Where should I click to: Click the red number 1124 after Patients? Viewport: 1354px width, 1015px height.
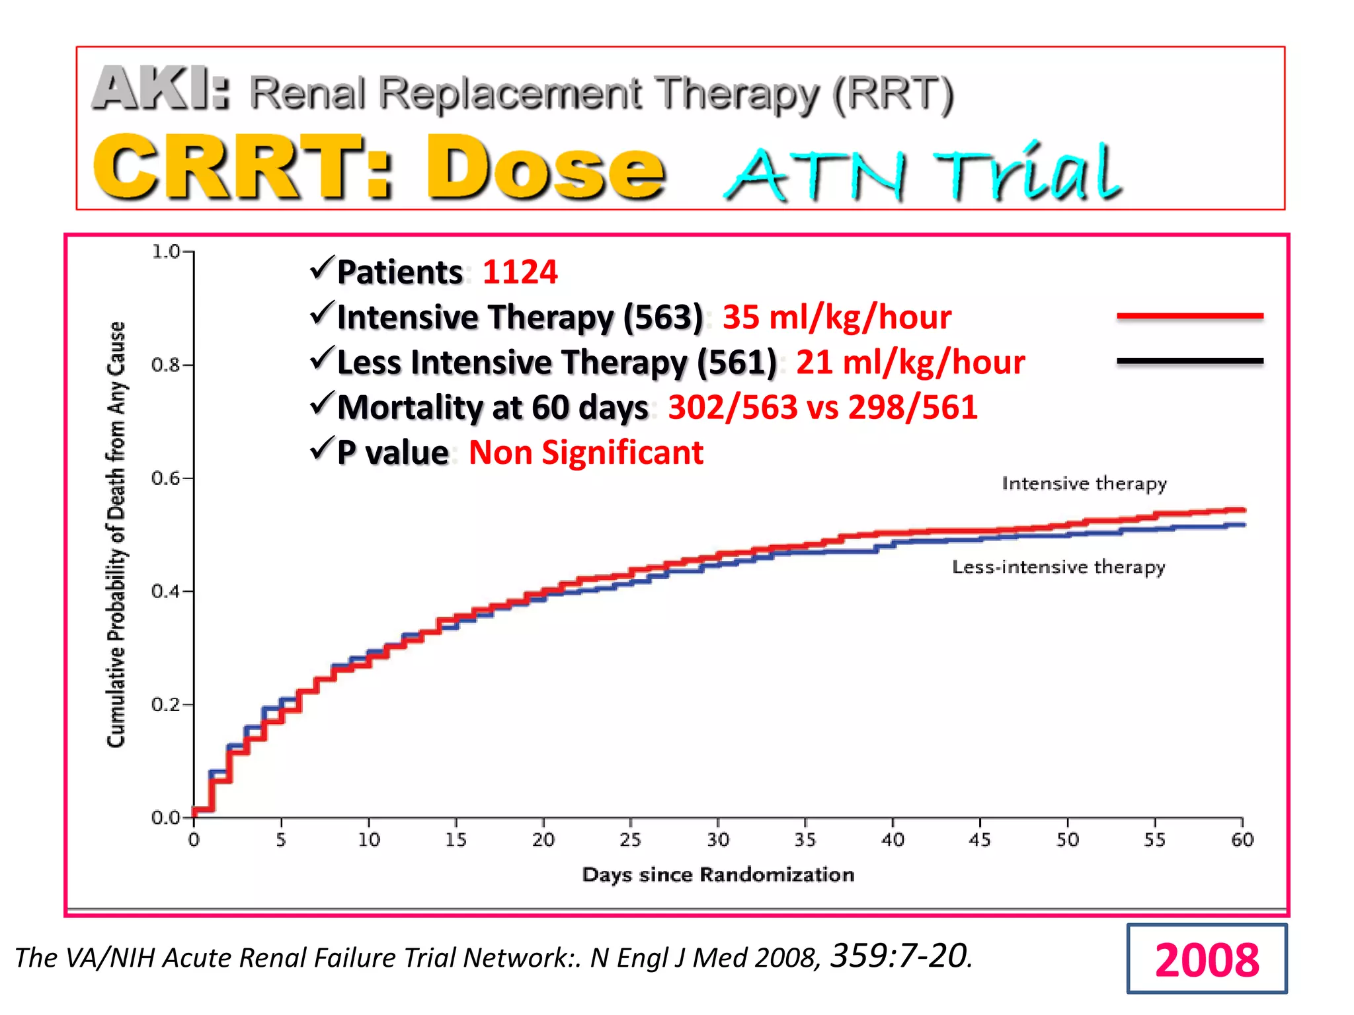[x=520, y=272]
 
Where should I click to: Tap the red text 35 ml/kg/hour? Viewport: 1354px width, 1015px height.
[x=836, y=317]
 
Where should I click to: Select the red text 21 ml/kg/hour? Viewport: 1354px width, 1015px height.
[x=910, y=362]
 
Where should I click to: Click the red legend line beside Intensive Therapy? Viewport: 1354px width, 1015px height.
[x=1189, y=316]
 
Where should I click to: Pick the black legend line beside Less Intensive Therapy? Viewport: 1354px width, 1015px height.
[x=1189, y=361]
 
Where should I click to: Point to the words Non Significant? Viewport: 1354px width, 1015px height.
[x=586, y=453]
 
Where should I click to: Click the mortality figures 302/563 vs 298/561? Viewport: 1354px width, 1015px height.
[x=822, y=407]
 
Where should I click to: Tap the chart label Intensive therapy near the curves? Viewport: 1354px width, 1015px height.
[x=1084, y=484]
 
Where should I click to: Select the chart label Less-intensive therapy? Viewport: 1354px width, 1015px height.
[x=1058, y=567]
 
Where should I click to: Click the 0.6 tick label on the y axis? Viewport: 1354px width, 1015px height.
[x=165, y=478]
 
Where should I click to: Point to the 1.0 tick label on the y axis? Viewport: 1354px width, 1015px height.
[x=165, y=252]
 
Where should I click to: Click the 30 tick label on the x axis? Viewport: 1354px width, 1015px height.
[x=718, y=840]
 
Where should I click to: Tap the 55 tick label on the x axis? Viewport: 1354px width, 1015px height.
[x=1154, y=840]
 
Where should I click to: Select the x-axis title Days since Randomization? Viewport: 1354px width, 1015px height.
[x=718, y=875]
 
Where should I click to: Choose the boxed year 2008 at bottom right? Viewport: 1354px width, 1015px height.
[x=1207, y=959]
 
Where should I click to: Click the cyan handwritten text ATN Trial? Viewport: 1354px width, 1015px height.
[x=922, y=173]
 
